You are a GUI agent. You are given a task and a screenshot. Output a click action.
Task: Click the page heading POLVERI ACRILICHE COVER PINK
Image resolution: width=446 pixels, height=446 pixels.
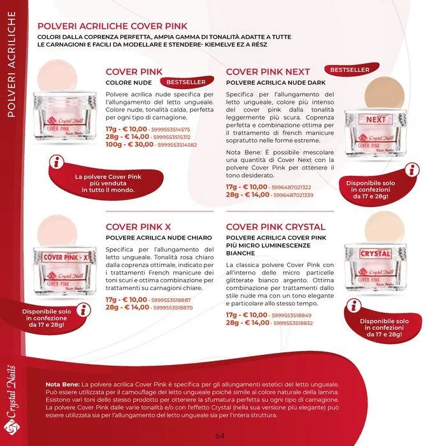click(x=112, y=26)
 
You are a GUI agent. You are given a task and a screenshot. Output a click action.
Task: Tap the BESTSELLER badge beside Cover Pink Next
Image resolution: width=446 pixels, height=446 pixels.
click(x=352, y=69)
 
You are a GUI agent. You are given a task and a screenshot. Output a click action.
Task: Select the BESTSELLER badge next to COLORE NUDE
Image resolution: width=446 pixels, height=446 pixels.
click(x=187, y=82)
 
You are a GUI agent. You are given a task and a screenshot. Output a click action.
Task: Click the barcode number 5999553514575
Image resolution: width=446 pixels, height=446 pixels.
click(x=171, y=130)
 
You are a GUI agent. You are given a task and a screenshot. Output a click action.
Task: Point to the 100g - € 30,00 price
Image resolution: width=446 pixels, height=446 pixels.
click(x=129, y=145)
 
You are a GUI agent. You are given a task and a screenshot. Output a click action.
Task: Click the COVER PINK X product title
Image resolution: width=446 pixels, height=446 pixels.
click(x=138, y=227)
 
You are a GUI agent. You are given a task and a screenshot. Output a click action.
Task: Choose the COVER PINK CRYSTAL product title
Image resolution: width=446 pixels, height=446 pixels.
click(x=276, y=227)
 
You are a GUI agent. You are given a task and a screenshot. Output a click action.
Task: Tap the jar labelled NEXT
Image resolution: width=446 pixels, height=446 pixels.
click(x=375, y=133)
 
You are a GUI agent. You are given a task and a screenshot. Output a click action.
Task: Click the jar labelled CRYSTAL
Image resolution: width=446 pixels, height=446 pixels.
click(x=375, y=268)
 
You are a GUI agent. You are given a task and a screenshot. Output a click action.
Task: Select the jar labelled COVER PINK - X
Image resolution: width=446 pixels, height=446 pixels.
click(x=65, y=271)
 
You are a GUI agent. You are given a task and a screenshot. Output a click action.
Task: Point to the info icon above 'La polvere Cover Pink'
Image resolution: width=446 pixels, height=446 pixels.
click(x=57, y=162)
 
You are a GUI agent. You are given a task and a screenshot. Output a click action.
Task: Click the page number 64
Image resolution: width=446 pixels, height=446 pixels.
click(x=220, y=436)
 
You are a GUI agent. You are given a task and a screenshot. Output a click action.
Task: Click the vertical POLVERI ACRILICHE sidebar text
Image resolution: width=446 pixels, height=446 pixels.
click(x=11, y=64)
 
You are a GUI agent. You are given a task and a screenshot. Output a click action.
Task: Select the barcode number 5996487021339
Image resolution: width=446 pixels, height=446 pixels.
click(x=293, y=195)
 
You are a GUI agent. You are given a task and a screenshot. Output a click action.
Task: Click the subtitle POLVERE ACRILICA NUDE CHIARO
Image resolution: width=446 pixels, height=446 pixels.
click(x=159, y=238)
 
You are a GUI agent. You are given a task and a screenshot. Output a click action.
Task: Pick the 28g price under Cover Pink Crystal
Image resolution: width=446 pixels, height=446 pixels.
click(x=247, y=323)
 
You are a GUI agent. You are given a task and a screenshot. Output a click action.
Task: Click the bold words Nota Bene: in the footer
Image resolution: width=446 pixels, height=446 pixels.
click(x=62, y=385)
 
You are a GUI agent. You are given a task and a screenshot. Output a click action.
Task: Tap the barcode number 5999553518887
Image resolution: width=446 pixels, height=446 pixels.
click(x=171, y=300)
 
